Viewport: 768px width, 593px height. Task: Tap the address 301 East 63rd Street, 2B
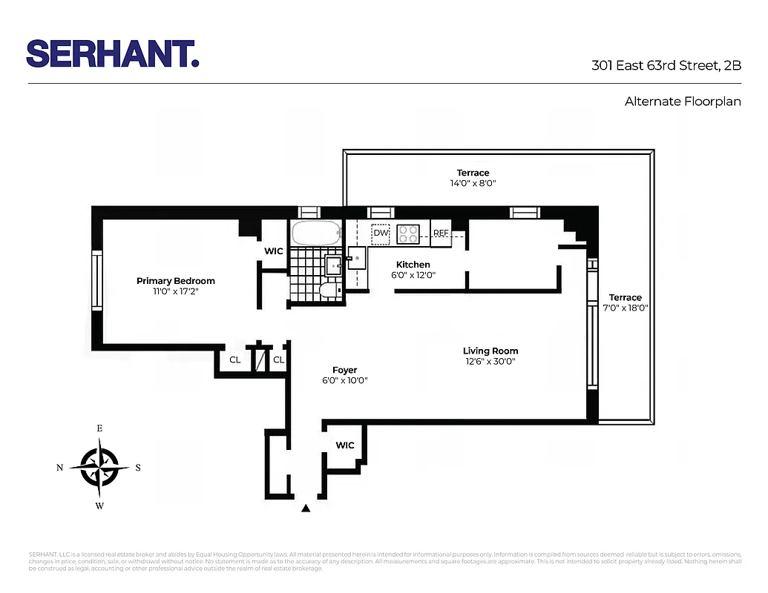pos(666,65)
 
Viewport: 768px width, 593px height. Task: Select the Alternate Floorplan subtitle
pos(683,102)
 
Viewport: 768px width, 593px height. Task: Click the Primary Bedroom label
pos(176,281)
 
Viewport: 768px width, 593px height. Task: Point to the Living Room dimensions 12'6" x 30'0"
pos(490,362)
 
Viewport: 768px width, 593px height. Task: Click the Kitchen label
pos(413,265)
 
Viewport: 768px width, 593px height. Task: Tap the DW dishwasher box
pos(381,233)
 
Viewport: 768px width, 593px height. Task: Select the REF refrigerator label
pos(441,233)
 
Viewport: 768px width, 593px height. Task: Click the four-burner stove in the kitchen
pos(407,234)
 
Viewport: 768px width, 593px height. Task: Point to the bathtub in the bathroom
pos(315,233)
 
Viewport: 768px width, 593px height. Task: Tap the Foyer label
pos(344,370)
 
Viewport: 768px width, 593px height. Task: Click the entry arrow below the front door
pos(305,508)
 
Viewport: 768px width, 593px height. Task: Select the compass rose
pos(99,467)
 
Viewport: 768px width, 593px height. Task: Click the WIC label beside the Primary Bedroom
pos(274,251)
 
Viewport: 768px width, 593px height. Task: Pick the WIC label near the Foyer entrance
pos(345,445)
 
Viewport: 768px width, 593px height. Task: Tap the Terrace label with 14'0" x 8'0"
pos(473,173)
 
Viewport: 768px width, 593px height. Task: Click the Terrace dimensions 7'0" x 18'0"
pos(625,308)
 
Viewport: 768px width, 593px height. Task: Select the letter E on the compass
pos(99,428)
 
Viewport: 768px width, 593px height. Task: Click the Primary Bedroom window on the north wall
pos(96,280)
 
